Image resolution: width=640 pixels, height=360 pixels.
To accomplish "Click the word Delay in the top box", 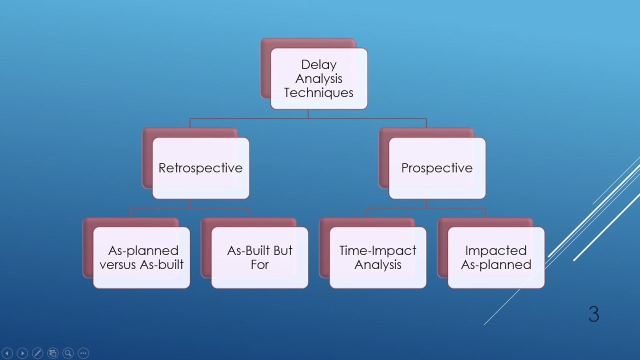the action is (x=318, y=64).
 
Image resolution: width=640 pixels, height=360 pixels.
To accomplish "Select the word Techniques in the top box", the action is (x=318, y=92).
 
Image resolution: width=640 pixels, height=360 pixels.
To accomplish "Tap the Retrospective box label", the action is (x=200, y=168).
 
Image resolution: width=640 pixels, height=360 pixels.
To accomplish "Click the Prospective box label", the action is (x=437, y=168).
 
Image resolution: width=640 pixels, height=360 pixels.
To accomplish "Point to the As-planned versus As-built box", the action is (x=141, y=257).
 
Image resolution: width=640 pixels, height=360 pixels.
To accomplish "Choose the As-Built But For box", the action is (x=259, y=257).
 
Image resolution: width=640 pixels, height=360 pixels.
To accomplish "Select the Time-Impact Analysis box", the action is (x=377, y=257).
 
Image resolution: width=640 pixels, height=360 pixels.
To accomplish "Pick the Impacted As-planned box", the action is (x=496, y=257).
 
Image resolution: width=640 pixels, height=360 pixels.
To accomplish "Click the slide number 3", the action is (x=593, y=314).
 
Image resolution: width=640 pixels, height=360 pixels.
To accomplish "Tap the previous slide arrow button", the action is (x=7, y=353).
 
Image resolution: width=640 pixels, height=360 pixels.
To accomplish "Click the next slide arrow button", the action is (x=22, y=353).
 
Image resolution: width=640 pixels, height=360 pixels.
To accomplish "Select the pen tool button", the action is (x=37, y=353).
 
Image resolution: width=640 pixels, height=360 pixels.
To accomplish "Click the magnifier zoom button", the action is (x=68, y=353).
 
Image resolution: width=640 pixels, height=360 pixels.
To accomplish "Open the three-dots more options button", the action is (x=83, y=353).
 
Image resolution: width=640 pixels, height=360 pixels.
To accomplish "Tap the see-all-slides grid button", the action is (x=53, y=353).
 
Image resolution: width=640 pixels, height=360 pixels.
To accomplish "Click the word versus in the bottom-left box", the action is (x=117, y=264).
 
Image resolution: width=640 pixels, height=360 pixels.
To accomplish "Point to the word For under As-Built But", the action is (x=259, y=264).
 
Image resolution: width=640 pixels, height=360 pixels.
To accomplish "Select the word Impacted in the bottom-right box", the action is (x=496, y=250).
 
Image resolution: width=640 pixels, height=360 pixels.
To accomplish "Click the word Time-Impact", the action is (x=377, y=250).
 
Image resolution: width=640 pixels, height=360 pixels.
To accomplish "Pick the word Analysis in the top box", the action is (x=318, y=78).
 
